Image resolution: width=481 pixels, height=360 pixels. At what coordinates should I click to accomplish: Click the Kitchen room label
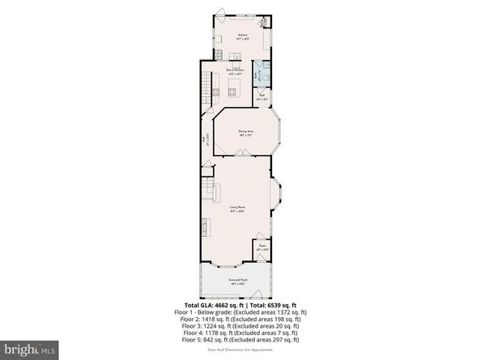click(241, 36)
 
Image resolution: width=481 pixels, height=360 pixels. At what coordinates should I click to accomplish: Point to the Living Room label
click(238, 210)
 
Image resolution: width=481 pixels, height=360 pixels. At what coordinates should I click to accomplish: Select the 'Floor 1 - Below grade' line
click(240, 311)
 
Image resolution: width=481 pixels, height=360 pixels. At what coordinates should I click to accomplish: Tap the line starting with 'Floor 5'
click(240, 339)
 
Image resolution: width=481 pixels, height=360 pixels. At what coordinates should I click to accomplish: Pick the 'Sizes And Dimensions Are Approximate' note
click(240, 348)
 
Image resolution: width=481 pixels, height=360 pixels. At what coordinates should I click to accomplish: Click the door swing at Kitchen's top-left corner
click(219, 14)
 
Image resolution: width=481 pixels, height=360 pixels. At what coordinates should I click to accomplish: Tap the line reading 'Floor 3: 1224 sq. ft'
click(240, 325)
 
